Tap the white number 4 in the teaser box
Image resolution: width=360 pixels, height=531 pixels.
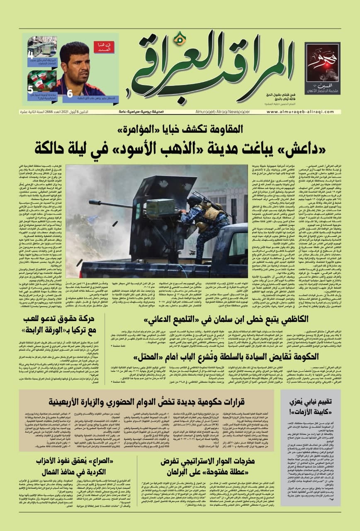pos(31,54)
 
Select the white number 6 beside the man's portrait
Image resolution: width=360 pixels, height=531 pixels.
pos(70,94)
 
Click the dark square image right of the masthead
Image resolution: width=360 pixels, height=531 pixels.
pos(322,68)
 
